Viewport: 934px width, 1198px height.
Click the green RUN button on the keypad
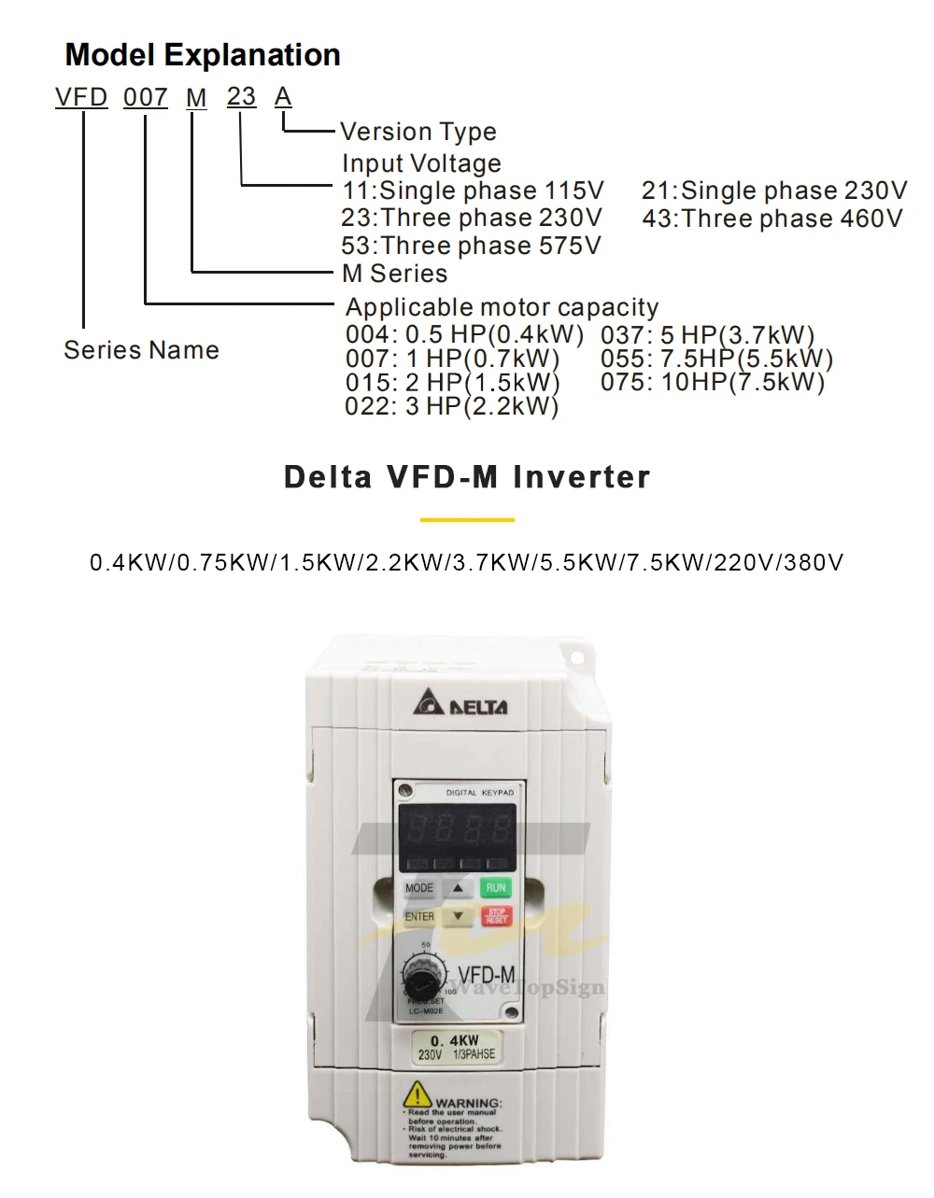click(x=495, y=888)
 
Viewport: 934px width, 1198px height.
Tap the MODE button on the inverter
click(x=419, y=888)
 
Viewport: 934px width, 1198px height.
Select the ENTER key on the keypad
click(x=419, y=917)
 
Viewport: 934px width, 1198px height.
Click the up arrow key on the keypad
click(x=458, y=888)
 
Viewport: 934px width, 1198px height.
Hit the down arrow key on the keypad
click(x=458, y=917)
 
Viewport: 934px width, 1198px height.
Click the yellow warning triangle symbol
click(x=417, y=1093)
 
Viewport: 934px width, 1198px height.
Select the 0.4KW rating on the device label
click(x=455, y=1040)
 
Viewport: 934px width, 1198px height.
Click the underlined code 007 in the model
click(x=146, y=97)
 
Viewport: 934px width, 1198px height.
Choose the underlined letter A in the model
click(x=282, y=97)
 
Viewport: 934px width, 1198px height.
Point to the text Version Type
click(x=417, y=132)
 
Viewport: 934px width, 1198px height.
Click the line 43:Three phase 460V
click(x=772, y=218)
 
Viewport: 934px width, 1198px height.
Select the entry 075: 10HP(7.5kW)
click(x=713, y=382)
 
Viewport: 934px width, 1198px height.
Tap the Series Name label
click(x=141, y=350)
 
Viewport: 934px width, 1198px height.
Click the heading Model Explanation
click(x=203, y=55)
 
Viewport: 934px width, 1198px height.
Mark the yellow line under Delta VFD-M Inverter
click(x=467, y=519)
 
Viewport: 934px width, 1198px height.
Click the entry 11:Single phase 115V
click(x=473, y=190)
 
